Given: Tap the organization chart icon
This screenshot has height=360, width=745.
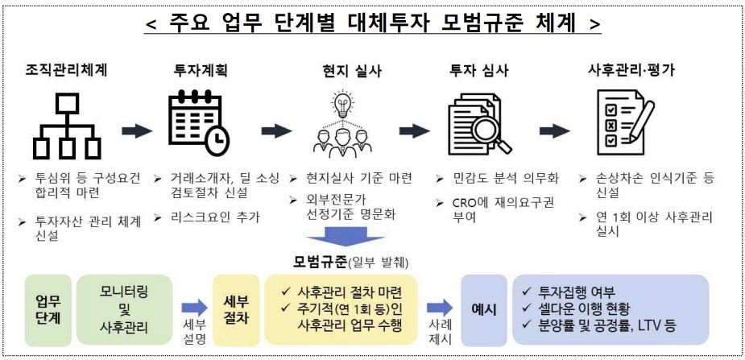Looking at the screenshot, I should click(x=67, y=126).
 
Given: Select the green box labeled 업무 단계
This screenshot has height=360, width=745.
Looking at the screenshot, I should click(x=48, y=308).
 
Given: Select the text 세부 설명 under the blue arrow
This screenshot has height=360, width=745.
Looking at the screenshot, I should click(x=195, y=331).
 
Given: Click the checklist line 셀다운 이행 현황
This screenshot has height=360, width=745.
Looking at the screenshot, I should click(x=588, y=309).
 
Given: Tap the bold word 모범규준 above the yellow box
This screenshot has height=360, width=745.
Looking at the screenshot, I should click(x=319, y=261).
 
